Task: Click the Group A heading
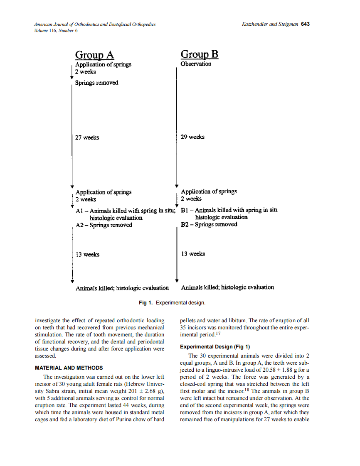[x=94, y=55]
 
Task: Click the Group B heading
[x=200, y=54]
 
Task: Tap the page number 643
[x=306, y=24]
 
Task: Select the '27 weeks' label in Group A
[x=87, y=137]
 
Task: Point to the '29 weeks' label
[x=192, y=137]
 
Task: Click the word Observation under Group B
[x=196, y=64]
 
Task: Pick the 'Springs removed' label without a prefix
[x=96, y=83]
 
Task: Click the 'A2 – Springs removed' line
[x=104, y=225]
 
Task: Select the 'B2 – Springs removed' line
[x=209, y=224]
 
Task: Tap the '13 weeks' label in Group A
[x=87, y=255]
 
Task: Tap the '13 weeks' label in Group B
[x=193, y=254]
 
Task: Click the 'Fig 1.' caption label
[x=145, y=303]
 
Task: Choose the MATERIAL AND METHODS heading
[x=69, y=368]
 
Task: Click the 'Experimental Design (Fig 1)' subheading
[x=215, y=347]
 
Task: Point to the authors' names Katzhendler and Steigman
[x=270, y=24]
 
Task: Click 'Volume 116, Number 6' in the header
[x=56, y=30]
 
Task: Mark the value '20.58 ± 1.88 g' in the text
[x=276, y=370]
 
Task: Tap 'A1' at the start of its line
[x=79, y=211]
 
